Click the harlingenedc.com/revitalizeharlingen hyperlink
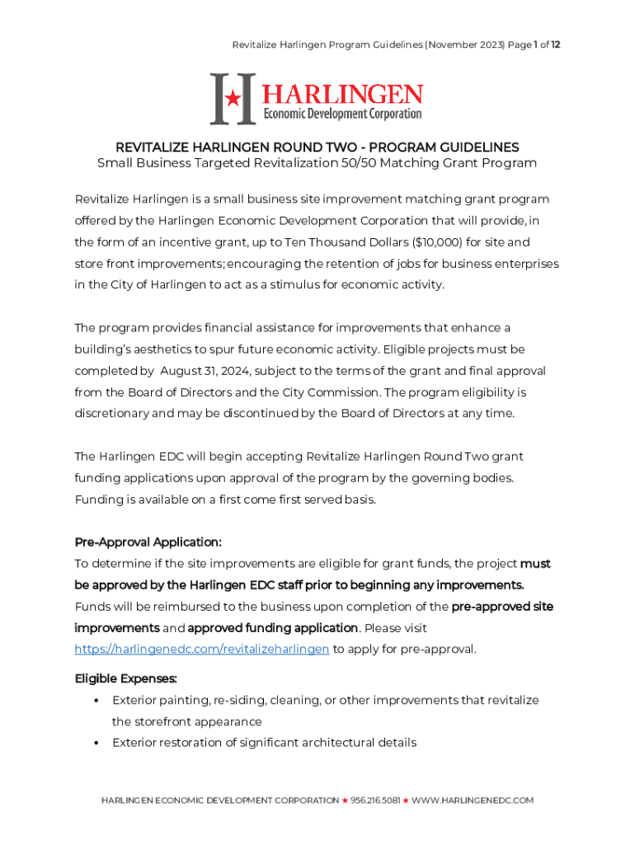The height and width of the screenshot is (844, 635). pos(202,649)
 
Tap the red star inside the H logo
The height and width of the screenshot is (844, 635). pos(233,99)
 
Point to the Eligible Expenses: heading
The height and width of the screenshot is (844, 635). pos(126,679)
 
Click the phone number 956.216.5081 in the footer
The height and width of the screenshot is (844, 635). pos(375,800)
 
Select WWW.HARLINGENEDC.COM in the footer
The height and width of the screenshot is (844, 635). pos(473,800)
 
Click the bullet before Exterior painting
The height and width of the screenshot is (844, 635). pos(96,701)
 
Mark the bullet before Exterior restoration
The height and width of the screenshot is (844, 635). pos(96,743)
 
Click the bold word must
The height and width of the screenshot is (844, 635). pos(535,564)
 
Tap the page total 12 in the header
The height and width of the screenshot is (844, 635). pos(557,45)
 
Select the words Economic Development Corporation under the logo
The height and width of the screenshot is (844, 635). pos(341,114)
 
